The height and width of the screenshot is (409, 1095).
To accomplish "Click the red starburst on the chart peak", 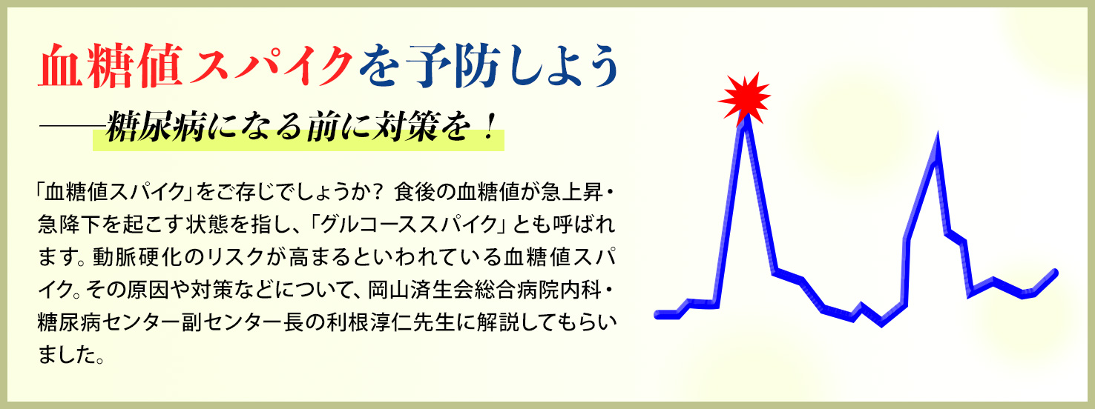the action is (744, 99).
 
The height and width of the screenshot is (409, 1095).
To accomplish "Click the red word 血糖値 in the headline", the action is (111, 66).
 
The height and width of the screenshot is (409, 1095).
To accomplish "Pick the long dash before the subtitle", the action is (73, 127).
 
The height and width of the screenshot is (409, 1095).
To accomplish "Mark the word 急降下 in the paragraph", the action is (70, 225).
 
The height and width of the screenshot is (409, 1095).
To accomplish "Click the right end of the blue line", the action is (1056, 273).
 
